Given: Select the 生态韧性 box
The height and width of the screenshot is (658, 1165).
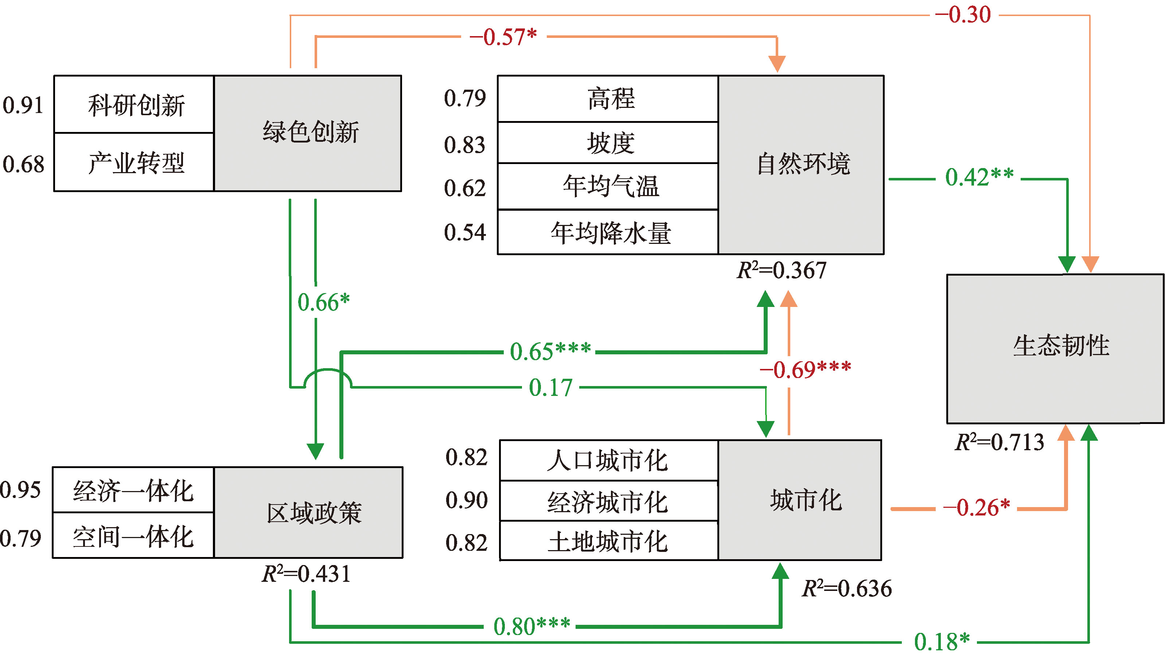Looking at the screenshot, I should (x=1055, y=348).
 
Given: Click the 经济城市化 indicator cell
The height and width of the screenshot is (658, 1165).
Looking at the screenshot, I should (x=608, y=501).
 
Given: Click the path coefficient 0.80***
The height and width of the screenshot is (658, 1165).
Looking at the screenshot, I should (x=531, y=626).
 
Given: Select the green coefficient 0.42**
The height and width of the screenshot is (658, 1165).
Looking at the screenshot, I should (x=979, y=177).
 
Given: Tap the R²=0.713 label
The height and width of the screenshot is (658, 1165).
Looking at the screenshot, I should (x=999, y=442).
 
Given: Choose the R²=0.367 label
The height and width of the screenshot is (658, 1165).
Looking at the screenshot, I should (x=782, y=270).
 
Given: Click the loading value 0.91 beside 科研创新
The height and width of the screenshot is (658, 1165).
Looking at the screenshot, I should (x=23, y=105).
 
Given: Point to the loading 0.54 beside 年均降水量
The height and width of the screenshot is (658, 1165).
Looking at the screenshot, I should (x=464, y=233).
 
